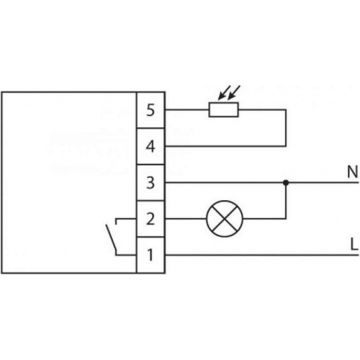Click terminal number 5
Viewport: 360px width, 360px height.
(150, 110)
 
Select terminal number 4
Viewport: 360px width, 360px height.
(150, 146)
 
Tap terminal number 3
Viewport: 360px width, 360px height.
(150, 183)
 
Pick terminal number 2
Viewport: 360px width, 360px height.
(150, 219)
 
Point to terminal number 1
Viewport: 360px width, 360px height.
(150, 255)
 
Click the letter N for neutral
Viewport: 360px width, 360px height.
(353, 172)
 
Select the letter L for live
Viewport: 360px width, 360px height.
(354, 244)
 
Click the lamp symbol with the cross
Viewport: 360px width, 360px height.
(225, 219)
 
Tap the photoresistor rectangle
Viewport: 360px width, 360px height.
(223, 109)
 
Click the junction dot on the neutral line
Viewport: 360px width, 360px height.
(286, 183)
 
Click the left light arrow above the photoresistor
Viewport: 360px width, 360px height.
(224, 92)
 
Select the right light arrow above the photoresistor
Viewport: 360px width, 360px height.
(234, 92)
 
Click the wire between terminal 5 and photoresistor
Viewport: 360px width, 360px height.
(187, 110)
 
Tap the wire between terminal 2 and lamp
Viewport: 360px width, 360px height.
(186, 219)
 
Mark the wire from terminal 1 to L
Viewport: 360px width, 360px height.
(262, 255)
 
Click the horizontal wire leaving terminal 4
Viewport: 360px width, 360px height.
(225, 146)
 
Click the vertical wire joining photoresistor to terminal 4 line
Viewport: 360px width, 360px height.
(286, 128)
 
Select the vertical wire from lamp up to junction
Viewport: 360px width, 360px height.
(286, 202)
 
